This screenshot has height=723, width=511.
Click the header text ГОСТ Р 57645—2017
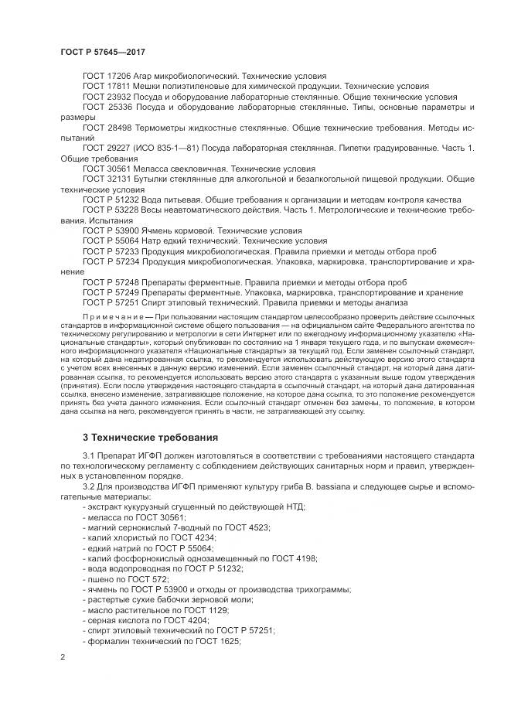pyautogui.click(x=103, y=51)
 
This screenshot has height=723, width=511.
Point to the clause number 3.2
pyautogui.click(x=89, y=488)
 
